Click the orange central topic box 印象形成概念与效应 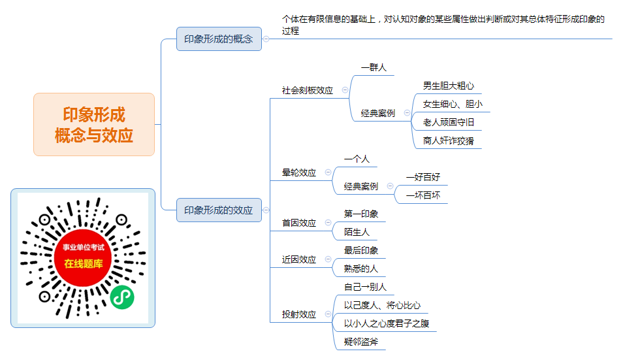coord(94,124)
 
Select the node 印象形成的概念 coord(219,39)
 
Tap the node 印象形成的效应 coord(219,210)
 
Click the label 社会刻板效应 coord(307,90)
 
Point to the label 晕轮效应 coord(299,172)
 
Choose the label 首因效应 coord(299,223)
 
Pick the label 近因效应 coord(299,259)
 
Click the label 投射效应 coord(299,314)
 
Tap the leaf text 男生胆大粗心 coord(448,86)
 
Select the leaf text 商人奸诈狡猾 coord(448,140)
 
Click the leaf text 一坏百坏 coord(423,195)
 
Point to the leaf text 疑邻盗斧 coord(360,341)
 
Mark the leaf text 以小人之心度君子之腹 coord(386,323)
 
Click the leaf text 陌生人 coord(357,232)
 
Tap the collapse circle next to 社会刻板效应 coord(345,90)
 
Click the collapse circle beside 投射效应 coord(328,314)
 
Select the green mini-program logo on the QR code coord(122,297)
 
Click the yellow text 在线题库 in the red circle coord(84,263)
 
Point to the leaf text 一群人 coord(374,67)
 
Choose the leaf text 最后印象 coord(360,250)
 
